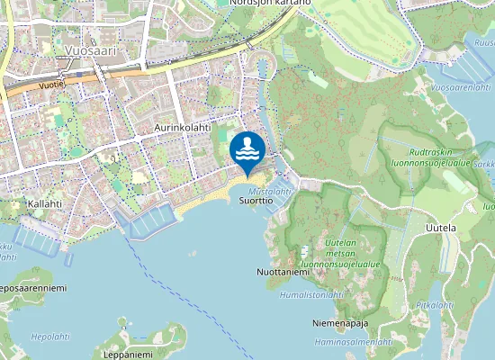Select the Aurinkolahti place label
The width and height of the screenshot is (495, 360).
point(182,129)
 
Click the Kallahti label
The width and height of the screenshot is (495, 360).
point(44,204)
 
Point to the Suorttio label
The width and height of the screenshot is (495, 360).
point(256,202)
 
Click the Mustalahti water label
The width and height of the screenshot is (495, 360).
point(270,192)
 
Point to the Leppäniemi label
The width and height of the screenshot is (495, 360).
point(127,355)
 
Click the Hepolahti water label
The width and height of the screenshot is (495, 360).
point(50,337)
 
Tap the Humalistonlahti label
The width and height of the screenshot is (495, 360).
point(312,294)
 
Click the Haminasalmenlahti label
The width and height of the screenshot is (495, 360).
point(354,342)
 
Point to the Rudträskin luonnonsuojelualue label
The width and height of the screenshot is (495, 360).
point(440,157)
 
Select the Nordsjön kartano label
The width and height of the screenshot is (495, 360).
point(270,3)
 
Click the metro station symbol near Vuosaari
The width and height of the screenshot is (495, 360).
point(66,64)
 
